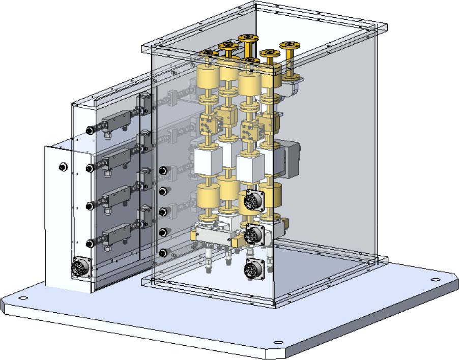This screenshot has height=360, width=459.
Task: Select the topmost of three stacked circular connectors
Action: click(253, 200)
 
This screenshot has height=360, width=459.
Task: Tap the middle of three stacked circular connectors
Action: click(253, 234)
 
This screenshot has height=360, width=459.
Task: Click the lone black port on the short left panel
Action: click(63, 167)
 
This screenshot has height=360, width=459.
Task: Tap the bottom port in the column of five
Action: click(163, 253)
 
